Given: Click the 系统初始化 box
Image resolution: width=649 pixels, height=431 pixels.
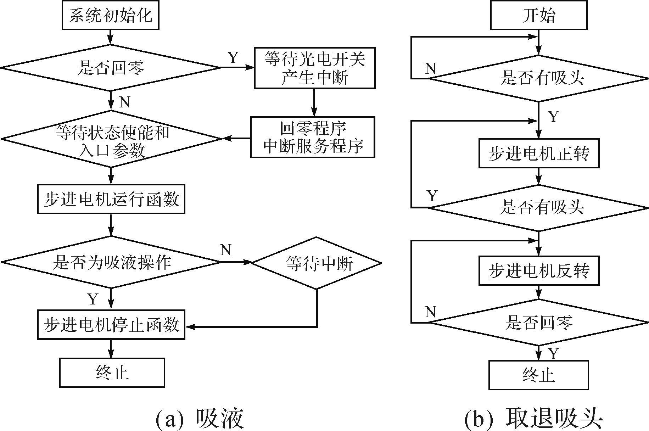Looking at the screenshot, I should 110,15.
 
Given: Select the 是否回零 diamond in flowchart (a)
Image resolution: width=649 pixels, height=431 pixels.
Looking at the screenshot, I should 111,67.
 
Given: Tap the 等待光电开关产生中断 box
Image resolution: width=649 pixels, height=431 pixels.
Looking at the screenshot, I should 314,68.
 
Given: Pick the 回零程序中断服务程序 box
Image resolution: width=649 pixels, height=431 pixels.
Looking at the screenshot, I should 312,137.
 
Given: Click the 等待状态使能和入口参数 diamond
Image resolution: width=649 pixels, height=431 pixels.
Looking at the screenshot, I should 111,139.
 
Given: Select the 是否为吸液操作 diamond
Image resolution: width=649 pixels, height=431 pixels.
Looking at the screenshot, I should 111,262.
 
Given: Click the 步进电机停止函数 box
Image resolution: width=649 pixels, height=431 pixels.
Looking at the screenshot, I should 111,325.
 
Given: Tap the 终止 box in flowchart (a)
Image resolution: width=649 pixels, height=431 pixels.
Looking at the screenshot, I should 112,372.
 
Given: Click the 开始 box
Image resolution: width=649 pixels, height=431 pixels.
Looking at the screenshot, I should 538,15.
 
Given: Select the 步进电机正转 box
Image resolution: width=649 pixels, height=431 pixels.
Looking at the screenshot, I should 539,153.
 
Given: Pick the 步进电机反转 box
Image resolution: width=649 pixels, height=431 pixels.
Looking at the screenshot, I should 539,271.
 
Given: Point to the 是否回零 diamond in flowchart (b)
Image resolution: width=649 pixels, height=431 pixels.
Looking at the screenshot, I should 539,322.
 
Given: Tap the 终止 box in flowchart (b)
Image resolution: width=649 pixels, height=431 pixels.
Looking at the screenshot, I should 538,375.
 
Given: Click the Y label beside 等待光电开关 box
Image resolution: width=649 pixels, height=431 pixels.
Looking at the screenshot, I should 233,57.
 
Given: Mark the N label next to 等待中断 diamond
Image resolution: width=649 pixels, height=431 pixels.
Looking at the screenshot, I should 226,250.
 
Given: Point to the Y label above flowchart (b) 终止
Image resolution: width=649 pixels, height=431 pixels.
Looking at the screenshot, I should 553,353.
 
